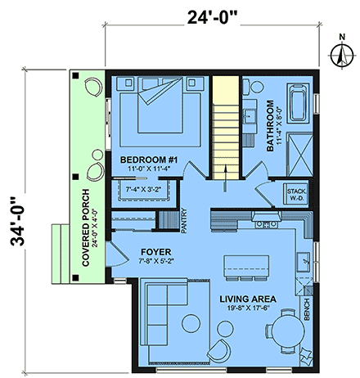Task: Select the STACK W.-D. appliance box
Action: tap(295, 195)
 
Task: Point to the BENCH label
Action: tap(307, 310)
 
